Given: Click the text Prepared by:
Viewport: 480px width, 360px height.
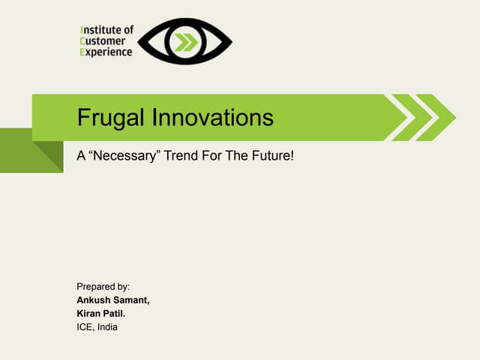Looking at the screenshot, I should (x=103, y=286).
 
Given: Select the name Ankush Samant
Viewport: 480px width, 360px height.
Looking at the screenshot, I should (x=113, y=300).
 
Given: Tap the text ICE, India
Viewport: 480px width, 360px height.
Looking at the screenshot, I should (x=97, y=327).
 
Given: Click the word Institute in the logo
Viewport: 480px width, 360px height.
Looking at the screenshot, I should (x=106, y=30).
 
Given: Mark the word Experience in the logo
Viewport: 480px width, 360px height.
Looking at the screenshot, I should (x=106, y=52).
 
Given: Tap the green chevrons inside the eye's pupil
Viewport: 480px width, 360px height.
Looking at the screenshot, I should (x=186, y=42).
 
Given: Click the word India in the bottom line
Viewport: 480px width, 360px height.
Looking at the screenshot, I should (x=106, y=327).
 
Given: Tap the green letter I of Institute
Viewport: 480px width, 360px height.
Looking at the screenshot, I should (x=82, y=30).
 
